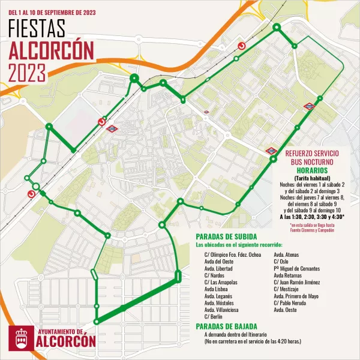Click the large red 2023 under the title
pos(26,73)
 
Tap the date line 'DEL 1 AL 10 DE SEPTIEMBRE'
pos(48,11)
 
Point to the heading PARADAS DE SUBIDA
pos(227,236)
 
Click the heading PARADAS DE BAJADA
pos(226,326)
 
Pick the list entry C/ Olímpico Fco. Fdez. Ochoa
pos(233,255)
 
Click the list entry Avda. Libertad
pos(219,269)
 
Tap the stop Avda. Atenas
pos(287,255)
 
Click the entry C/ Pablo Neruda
pos(290,303)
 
